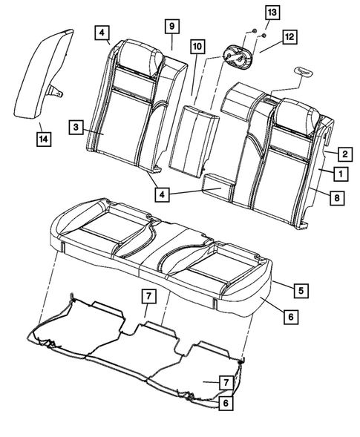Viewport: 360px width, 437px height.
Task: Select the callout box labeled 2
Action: (344, 154)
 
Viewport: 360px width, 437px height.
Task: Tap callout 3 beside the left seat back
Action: (76, 128)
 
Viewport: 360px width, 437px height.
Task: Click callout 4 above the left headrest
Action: (101, 33)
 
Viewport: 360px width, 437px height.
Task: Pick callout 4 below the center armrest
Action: (162, 194)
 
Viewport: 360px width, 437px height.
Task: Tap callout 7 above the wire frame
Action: (148, 297)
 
